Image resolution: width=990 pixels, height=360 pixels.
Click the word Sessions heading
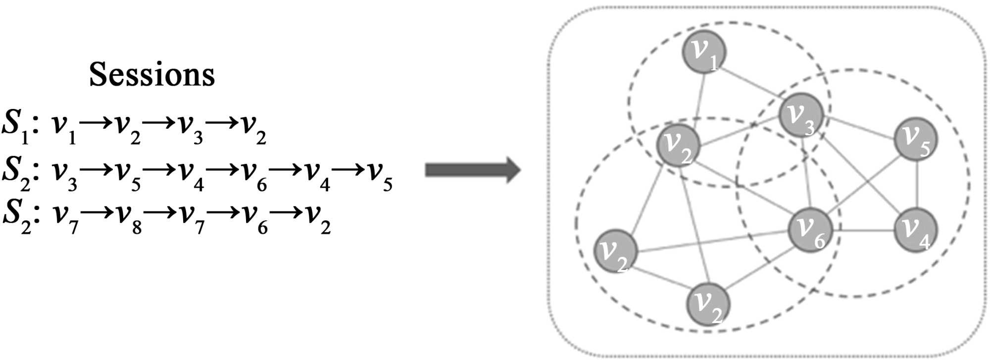click(x=151, y=75)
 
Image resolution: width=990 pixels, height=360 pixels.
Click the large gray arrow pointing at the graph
click(x=473, y=170)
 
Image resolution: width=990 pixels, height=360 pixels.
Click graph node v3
click(x=800, y=115)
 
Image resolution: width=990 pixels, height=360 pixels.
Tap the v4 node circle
click(x=916, y=230)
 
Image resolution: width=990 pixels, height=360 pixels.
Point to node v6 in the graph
click(x=810, y=230)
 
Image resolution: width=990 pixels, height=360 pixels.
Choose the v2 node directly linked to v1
click(x=678, y=145)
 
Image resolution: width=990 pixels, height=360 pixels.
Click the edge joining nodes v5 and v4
click(x=917, y=184)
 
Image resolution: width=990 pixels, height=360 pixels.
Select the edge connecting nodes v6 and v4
click(x=863, y=230)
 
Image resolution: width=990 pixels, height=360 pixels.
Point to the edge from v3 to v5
click(x=859, y=127)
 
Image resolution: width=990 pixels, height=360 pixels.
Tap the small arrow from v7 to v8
click(x=96, y=213)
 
